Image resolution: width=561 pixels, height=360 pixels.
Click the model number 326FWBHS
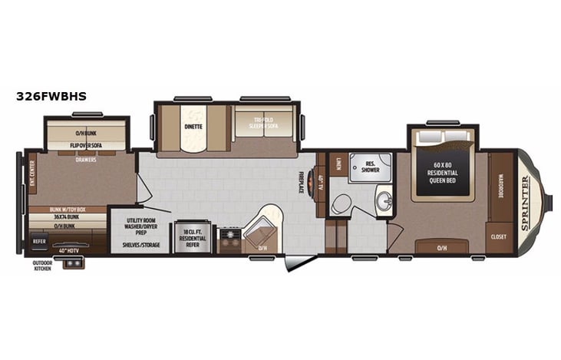point(51,97)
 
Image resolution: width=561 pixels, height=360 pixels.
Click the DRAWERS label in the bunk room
point(85,160)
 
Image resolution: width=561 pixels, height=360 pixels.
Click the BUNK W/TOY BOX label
point(67,209)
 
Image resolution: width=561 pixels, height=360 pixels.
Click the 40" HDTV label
point(68,249)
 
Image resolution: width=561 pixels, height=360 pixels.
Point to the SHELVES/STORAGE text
point(140,246)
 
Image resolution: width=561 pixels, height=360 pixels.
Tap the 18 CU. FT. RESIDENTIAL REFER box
point(193,236)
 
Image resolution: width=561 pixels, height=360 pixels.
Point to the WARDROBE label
point(500,183)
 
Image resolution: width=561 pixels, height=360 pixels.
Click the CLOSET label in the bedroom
point(499,236)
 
